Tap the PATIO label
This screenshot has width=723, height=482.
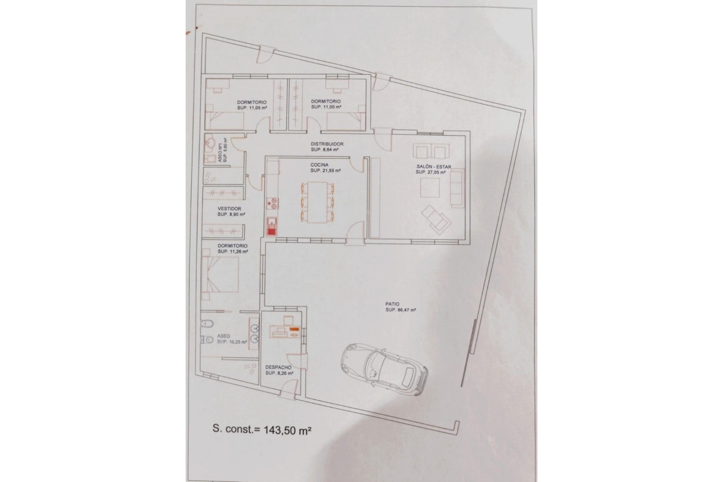[392, 304]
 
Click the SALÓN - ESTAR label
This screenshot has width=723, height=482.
[434, 167]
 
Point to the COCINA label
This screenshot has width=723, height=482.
[319, 165]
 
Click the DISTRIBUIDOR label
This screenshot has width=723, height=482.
[327, 144]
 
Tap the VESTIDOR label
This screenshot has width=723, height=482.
[229, 209]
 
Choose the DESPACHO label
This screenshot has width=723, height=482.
[278, 368]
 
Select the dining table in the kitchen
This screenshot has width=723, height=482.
[317, 203]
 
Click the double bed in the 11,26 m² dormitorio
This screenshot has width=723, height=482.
[220, 275]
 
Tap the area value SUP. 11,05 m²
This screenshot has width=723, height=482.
[252, 107]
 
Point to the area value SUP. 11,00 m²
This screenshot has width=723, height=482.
[326, 107]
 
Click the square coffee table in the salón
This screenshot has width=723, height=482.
[430, 187]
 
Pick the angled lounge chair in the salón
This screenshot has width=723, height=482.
[437, 218]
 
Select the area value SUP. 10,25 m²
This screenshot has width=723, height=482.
[232, 342]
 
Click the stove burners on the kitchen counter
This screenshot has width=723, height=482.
[272, 204]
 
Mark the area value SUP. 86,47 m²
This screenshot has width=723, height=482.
[400, 310]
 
